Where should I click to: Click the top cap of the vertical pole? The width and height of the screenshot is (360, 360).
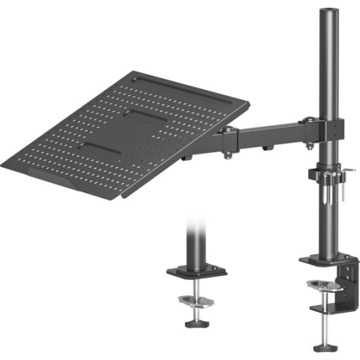327,11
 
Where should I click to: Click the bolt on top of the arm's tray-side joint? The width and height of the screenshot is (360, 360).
226,129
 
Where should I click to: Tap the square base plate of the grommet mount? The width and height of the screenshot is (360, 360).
197,271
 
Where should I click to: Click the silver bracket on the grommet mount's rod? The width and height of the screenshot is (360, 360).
196,301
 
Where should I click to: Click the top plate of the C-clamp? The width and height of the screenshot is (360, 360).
322,262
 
